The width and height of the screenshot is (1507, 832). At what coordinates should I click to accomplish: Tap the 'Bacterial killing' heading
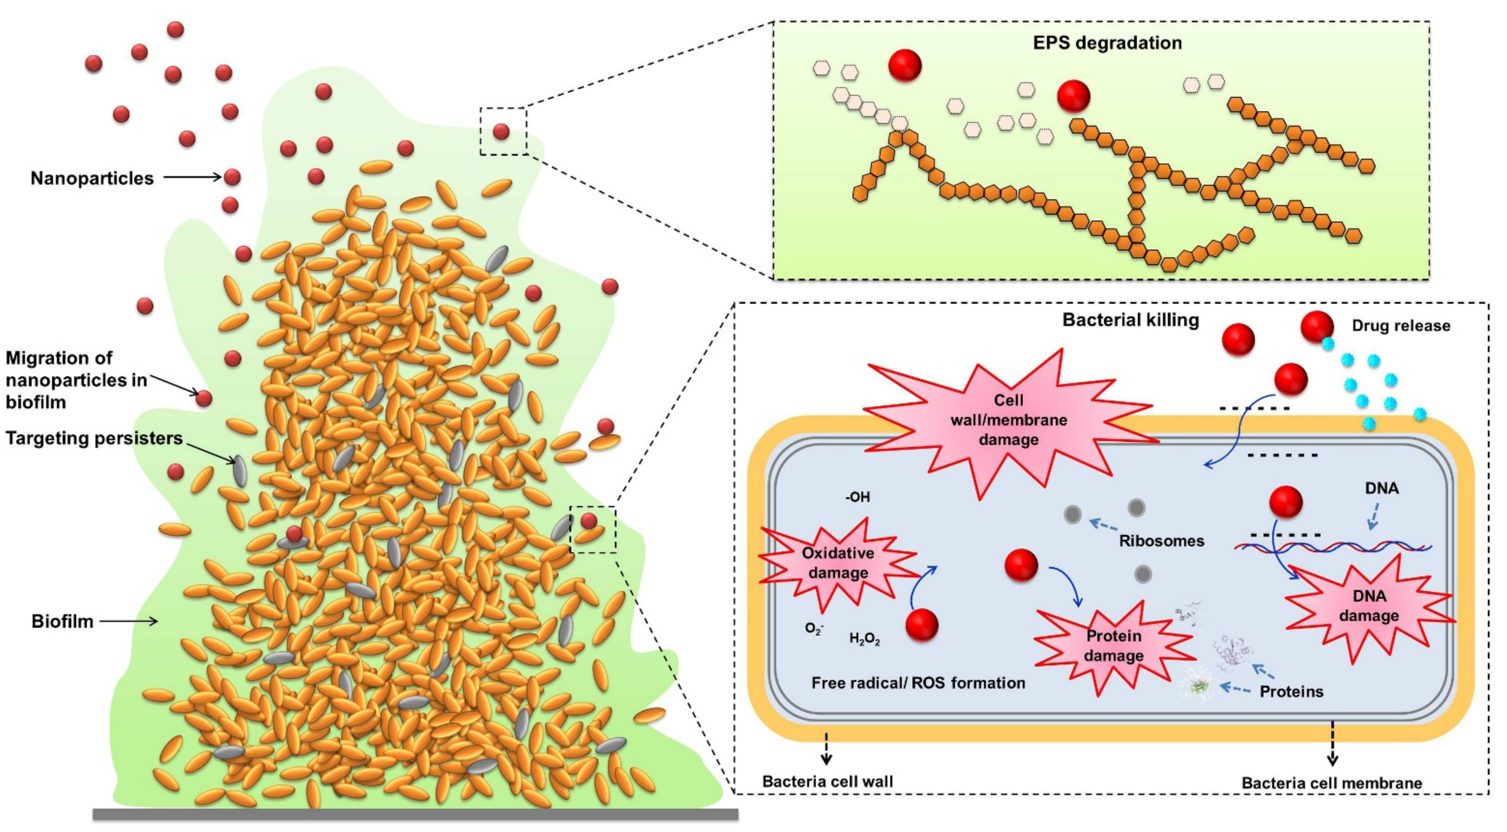(1130, 320)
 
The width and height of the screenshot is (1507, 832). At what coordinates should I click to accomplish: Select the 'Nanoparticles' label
(92, 178)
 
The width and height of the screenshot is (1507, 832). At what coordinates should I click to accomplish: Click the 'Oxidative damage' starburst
(838, 563)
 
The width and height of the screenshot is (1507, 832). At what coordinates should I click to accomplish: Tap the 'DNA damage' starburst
(1369, 606)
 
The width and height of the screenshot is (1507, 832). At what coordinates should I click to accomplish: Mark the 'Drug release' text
(1401, 325)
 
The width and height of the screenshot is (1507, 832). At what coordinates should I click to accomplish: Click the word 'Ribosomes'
(1161, 541)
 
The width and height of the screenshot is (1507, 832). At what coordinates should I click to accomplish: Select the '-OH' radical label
(857, 497)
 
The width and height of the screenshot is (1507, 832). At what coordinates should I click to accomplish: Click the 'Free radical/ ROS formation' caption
(918, 683)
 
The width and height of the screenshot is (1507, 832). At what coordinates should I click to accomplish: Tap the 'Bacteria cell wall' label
(827, 782)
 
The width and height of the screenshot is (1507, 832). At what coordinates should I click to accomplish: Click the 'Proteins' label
(1291, 692)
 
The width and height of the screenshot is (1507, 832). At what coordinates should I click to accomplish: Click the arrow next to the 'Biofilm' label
(129, 621)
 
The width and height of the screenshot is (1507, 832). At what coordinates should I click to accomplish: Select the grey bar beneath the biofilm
(415, 814)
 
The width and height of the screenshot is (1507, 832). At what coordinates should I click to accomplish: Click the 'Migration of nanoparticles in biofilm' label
(76, 380)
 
